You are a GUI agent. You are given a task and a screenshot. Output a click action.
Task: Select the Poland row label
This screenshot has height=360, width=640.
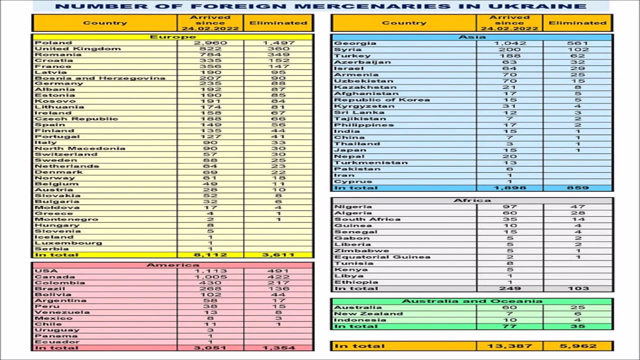pyautogui.click(x=53, y=43)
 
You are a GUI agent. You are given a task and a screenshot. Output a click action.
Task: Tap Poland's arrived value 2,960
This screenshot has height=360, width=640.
pyautogui.click(x=210, y=43)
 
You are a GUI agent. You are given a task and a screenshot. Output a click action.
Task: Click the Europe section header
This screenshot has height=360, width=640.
pyautogui.click(x=172, y=37)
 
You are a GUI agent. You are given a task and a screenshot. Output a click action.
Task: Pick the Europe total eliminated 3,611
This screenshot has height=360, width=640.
pyautogui.click(x=278, y=255)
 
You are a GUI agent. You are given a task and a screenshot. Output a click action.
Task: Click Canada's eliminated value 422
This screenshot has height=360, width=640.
pyautogui.click(x=278, y=277)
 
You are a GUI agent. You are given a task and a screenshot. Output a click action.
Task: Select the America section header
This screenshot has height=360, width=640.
pyautogui.click(x=172, y=265)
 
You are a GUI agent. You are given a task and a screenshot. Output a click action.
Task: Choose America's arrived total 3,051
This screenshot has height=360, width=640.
pyautogui.click(x=210, y=348)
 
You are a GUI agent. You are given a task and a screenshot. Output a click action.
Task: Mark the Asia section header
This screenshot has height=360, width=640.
pyautogui.click(x=471, y=37)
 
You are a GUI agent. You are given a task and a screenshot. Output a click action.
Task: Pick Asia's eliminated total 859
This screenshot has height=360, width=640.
pyautogui.click(x=577, y=188)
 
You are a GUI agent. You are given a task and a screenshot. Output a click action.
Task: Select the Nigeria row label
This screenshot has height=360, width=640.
pyautogui.click(x=353, y=207)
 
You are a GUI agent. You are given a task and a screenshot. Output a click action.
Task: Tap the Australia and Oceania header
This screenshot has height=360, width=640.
pyautogui.click(x=471, y=301)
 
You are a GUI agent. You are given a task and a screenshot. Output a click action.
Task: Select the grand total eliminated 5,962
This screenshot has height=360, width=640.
pyautogui.click(x=577, y=346)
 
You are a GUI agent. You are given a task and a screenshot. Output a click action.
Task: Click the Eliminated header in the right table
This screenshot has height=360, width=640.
pyautogui.click(x=577, y=23)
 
